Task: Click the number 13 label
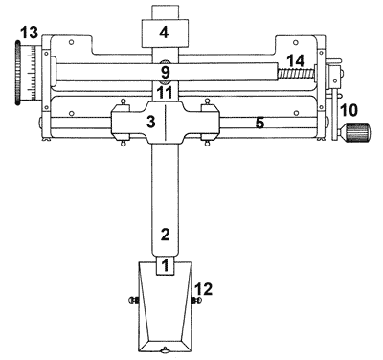coord(29,33)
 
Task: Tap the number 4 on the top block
coord(164,33)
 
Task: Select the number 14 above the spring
coord(295,61)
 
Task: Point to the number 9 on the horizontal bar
coord(165,72)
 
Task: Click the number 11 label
coord(165,93)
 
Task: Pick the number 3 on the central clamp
coord(150,122)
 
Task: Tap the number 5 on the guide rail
coord(259,123)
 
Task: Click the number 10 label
coord(349,110)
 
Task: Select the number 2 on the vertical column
coord(165,235)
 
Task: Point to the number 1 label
coord(165,265)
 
